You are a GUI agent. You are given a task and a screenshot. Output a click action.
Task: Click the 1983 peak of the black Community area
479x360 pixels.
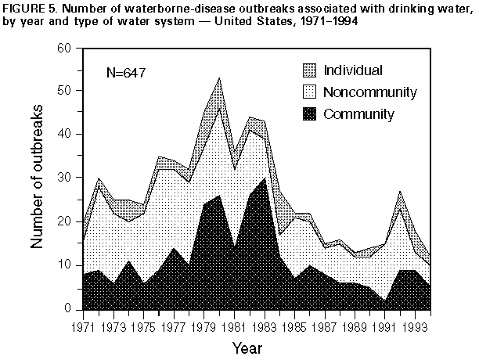264,178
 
